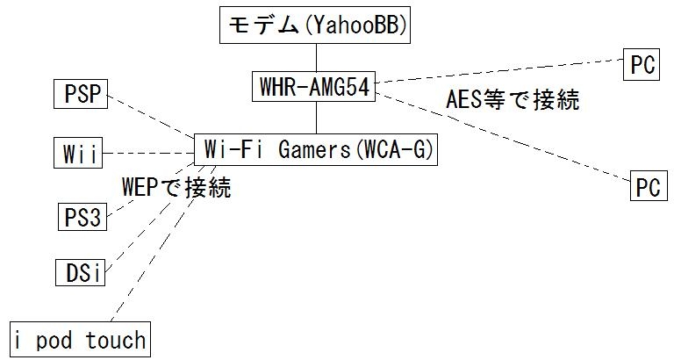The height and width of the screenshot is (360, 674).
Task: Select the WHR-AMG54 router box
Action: [x=314, y=85]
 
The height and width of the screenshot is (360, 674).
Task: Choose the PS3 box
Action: [x=82, y=215]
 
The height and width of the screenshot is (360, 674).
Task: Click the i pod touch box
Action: [x=80, y=340]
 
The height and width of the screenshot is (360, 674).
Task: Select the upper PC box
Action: [x=642, y=65]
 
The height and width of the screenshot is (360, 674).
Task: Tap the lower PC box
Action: [x=648, y=188]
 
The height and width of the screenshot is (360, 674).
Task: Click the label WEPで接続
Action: [x=176, y=187]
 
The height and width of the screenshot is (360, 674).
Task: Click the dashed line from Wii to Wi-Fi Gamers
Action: [x=149, y=153]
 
